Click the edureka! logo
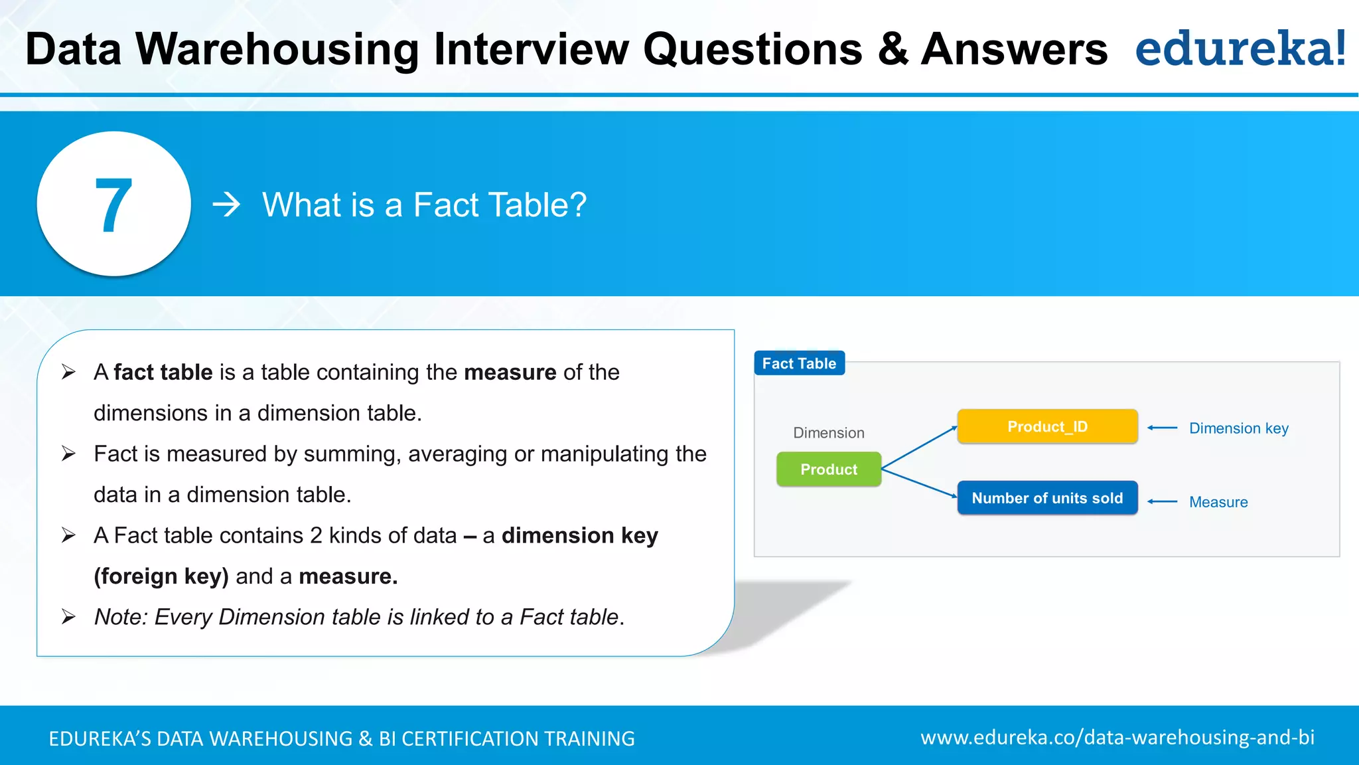click(1240, 49)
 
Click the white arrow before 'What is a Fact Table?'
click(226, 205)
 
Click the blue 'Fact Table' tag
click(799, 363)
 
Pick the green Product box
click(829, 469)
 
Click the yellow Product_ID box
click(1047, 426)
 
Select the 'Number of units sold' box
click(1047, 498)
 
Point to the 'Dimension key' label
click(1238, 428)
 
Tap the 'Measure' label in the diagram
click(1218, 502)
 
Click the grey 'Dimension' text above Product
click(829, 433)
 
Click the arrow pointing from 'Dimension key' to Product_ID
click(1163, 428)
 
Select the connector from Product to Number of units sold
click(919, 483)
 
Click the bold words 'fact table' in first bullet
click(163, 373)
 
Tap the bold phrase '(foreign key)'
click(161, 576)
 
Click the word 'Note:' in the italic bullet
click(121, 617)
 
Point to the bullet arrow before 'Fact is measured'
click(68, 454)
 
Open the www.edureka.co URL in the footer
click(1117, 738)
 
